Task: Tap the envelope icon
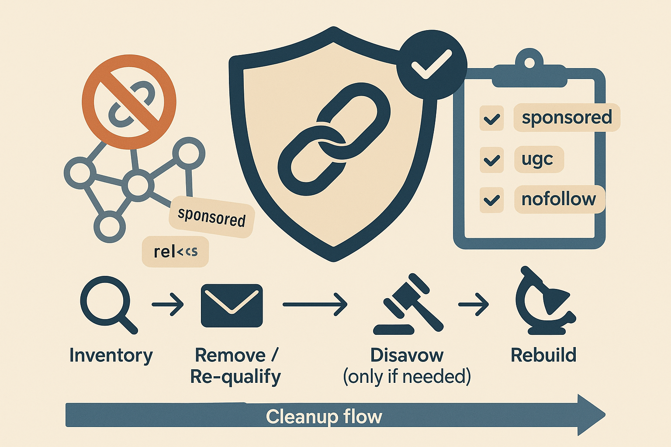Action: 232,305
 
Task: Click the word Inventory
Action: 111,355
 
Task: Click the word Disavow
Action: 407,355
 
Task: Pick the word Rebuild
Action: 543,355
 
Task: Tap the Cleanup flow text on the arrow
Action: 324,417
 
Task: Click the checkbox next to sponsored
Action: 492,118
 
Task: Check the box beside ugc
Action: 492,160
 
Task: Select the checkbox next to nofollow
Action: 492,200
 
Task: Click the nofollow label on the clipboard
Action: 559,199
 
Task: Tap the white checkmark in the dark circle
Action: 432,64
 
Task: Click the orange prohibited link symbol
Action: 129,102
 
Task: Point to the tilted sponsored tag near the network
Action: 211,217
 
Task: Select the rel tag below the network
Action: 175,251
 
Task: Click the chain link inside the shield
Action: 334,139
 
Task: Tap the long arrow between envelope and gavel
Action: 315,304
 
